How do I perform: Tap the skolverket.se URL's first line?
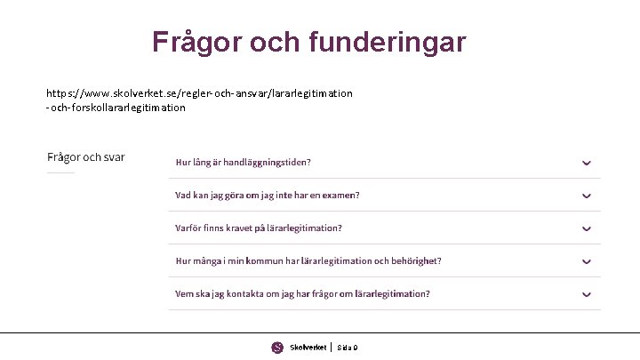[x=199, y=92]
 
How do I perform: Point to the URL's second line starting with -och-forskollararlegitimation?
[x=116, y=108]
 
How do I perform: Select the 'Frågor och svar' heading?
[x=86, y=157]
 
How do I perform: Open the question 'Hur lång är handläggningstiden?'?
[x=243, y=163]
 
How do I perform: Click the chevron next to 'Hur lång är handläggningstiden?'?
[x=587, y=163]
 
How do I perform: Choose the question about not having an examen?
[x=267, y=196]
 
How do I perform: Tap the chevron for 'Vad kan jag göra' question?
[x=587, y=196]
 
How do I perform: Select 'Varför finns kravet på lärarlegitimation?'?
[x=258, y=228]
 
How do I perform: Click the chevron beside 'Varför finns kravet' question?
[x=587, y=228]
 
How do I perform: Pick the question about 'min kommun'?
[x=308, y=261]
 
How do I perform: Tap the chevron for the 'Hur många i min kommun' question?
[x=587, y=261]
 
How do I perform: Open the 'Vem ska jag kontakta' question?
[x=302, y=294]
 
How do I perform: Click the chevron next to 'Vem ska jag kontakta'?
[x=587, y=294]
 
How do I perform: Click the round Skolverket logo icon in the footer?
[x=277, y=348]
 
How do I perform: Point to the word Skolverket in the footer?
[x=307, y=348]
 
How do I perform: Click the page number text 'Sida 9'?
[x=347, y=348]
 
